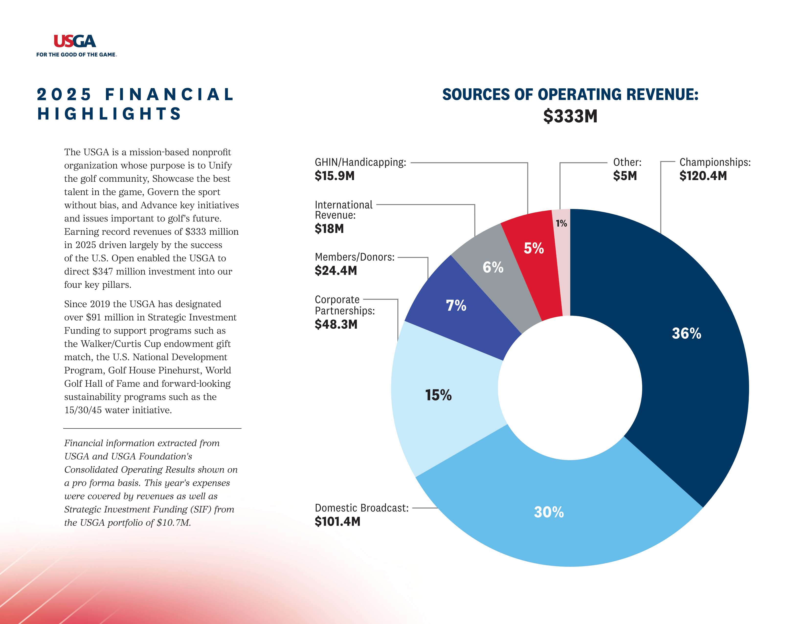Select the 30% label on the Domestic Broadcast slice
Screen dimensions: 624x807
coord(549,512)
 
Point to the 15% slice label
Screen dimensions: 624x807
coord(438,395)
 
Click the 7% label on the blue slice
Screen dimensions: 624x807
coord(456,305)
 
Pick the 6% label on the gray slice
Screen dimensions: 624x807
coord(493,267)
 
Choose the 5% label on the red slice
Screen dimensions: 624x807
coord(534,248)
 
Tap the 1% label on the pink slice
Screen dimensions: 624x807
coord(561,223)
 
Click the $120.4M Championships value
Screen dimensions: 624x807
coord(703,176)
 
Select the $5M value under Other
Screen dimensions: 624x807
coord(625,176)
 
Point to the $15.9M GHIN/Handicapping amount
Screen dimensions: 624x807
coord(334,176)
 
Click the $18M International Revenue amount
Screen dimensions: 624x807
coord(329,229)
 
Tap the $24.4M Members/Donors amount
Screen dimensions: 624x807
coord(336,271)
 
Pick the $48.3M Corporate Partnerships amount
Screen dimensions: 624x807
coord(336,324)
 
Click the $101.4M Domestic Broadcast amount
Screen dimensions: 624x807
coord(337,522)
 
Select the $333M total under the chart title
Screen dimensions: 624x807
coord(570,116)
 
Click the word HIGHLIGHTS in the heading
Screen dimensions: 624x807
coord(109,114)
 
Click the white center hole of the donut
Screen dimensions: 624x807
coord(570,388)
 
